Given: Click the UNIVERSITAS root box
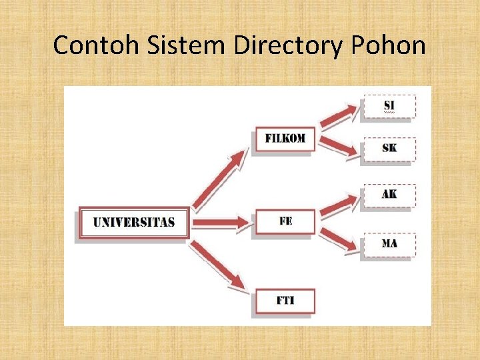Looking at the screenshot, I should click(x=134, y=222).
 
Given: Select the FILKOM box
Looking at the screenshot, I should click(x=285, y=139).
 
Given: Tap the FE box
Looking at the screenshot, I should click(x=285, y=221).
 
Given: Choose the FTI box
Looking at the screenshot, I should click(x=285, y=301).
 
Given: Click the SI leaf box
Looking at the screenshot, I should click(x=389, y=107).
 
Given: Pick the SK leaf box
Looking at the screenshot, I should click(x=389, y=148).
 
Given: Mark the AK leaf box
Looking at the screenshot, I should click(x=389, y=194).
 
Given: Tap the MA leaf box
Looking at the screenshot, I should click(x=389, y=244).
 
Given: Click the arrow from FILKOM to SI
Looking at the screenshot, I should click(x=339, y=116).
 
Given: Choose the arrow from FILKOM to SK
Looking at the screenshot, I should click(x=339, y=147).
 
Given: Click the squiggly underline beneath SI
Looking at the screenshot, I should click(x=389, y=113).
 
